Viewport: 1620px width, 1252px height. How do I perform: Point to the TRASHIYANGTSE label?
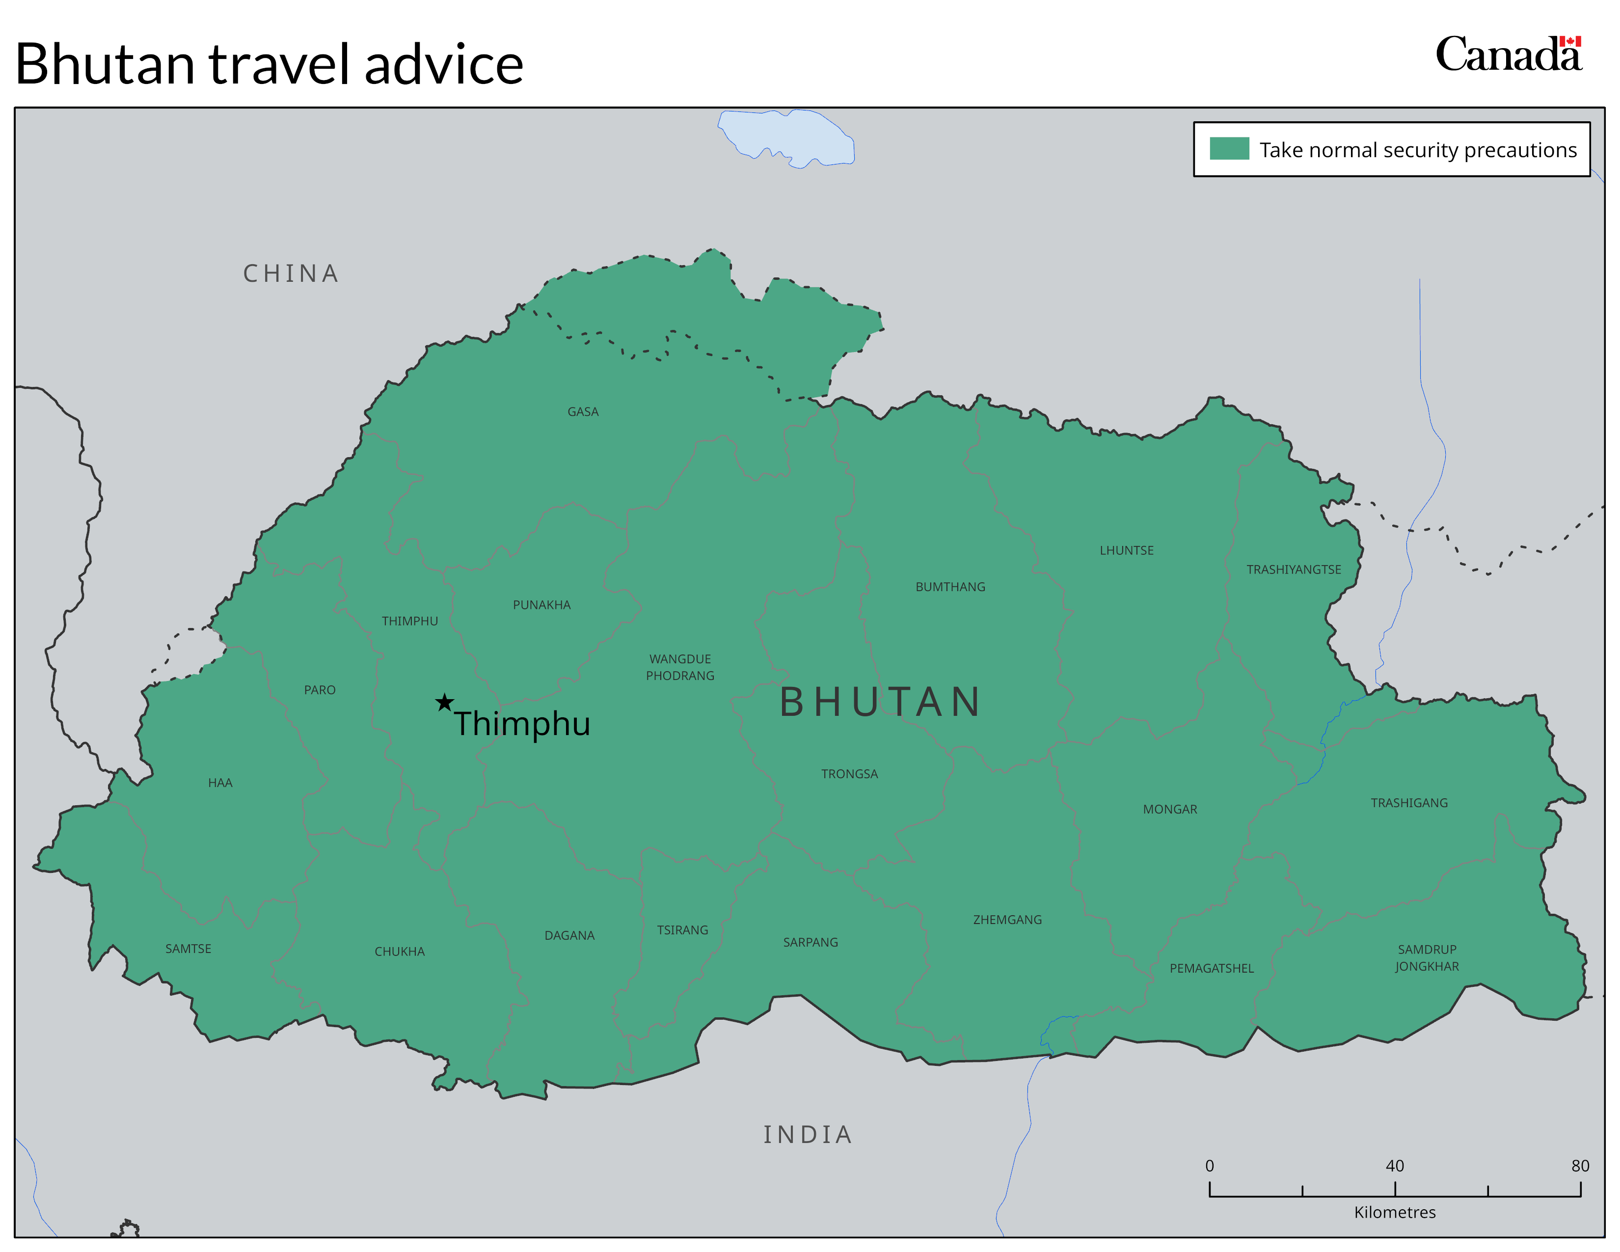pyautogui.click(x=1293, y=570)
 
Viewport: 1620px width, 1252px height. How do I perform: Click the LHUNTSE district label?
pyautogui.click(x=1126, y=550)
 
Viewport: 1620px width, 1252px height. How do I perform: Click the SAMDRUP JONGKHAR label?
pyautogui.click(x=1427, y=957)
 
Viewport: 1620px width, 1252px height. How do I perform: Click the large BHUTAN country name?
pyautogui.click(x=881, y=702)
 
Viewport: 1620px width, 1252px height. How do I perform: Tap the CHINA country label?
pyautogui.click(x=291, y=273)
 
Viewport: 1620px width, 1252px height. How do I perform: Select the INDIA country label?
pyautogui.click(x=808, y=1134)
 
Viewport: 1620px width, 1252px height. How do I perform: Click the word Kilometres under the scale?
pyautogui.click(x=1395, y=1212)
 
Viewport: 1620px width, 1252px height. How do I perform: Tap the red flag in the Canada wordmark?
pyautogui.click(x=1569, y=42)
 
